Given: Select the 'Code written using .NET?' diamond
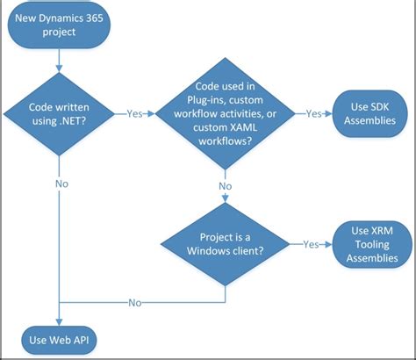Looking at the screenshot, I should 58,114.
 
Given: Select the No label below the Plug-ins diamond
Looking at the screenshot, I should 224,185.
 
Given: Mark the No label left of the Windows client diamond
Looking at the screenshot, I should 135,302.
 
